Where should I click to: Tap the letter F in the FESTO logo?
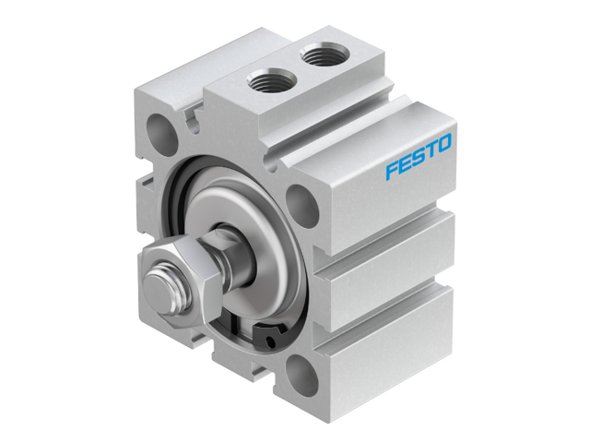point(392,171)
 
